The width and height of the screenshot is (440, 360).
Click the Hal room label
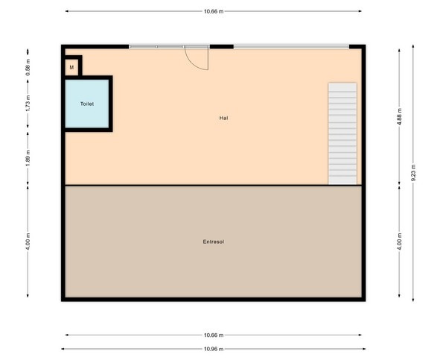tap(223, 118)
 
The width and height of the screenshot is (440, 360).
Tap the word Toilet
tap(87, 104)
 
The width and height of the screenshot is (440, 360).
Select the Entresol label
tap(213, 241)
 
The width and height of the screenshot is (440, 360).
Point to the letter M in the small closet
tap(71, 67)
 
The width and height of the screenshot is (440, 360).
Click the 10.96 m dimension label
tap(214, 349)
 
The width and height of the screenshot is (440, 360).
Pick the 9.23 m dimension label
tap(413, 173)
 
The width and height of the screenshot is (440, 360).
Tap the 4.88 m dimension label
tap(400, 117)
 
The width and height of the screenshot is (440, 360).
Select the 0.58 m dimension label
tap(28, 67)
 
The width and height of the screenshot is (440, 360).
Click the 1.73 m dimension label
tap(28, 103)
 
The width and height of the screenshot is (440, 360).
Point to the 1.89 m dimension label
tap(28, 158)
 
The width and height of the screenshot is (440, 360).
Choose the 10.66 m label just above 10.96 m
tap(214, 335)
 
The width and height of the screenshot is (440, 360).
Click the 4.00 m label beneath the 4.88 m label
tap(400, 241)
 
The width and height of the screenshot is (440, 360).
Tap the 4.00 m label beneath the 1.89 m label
tap(28, 241)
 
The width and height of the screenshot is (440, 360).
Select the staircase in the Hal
tap(342, 133)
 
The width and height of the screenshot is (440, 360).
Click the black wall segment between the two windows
tap(222, 47)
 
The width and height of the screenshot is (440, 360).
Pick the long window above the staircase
tap(292, 47)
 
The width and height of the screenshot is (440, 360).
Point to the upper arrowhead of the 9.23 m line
tap(413, 46)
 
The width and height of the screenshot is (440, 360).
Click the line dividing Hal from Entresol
tap(213, 185)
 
